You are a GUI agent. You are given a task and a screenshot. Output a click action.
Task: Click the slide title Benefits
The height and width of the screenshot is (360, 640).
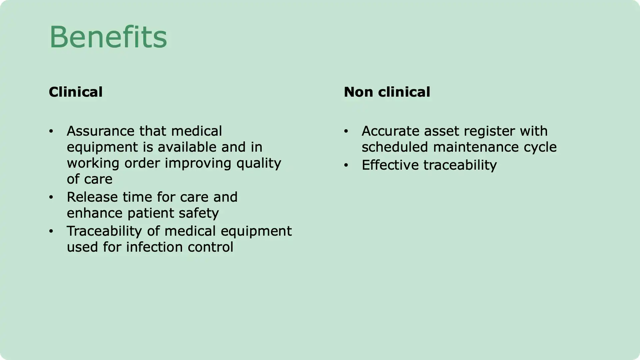[108, 37]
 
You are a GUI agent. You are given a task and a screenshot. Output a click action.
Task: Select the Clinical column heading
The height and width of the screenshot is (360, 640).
[76, 92]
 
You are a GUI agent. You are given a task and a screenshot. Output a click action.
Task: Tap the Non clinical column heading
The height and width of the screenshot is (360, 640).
[387, 92]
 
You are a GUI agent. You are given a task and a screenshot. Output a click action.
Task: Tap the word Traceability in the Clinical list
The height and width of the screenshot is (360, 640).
[105, 231]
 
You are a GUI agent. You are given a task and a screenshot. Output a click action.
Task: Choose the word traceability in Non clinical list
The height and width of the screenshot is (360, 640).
[460, 165]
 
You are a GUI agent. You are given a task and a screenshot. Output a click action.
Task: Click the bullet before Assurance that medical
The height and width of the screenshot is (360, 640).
[51, 131]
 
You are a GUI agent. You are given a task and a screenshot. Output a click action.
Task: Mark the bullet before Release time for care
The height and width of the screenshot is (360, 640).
[51, 197]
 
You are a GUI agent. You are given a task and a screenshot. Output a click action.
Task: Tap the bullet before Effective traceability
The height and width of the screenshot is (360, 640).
[346, 165]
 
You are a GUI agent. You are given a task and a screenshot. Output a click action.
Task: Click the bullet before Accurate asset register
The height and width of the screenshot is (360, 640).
[346, 131]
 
